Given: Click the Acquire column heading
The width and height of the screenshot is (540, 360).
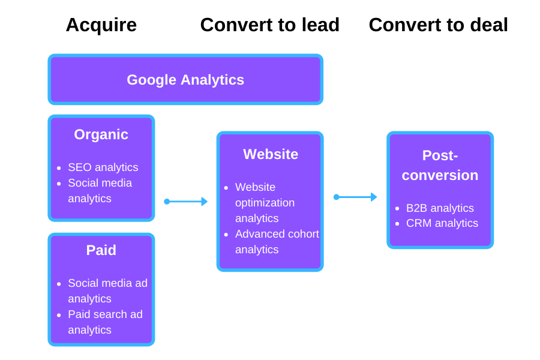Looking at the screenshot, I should [101, 25].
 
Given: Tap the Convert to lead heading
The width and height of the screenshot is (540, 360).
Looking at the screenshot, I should [269, 25].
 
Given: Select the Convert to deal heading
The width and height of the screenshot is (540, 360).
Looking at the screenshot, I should [438, 25].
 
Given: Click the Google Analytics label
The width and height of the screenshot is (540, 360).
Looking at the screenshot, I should [185, 80].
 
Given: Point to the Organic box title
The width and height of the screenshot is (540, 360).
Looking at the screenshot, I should [101, 134].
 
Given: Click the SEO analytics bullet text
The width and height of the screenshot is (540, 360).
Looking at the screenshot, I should [103, 167].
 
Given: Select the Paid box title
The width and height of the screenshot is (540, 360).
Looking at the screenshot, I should [101, 250].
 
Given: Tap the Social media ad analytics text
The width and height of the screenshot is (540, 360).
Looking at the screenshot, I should [107, 290].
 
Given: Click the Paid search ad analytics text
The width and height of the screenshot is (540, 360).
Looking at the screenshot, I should [105, 322].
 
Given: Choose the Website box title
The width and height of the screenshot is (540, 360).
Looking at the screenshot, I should [270, 154].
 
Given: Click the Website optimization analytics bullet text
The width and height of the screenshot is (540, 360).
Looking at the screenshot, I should [265, 202].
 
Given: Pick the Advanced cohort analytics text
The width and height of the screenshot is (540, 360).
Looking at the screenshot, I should [277, 241].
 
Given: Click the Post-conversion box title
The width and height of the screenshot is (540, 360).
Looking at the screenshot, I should [440, 165].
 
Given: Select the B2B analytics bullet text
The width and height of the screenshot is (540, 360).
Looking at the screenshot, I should [440, 208].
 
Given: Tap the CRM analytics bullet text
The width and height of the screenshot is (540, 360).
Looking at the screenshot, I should [442, 223].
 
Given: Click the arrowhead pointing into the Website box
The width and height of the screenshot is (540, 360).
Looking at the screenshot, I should [205, 202].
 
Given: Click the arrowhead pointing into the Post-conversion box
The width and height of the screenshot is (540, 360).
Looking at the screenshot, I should [374, 197].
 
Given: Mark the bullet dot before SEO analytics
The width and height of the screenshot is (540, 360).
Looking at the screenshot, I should [59, 168].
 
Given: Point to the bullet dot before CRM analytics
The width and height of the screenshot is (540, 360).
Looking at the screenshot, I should [397, 224].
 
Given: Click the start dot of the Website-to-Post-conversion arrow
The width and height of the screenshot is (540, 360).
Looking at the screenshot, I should [336, 197].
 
